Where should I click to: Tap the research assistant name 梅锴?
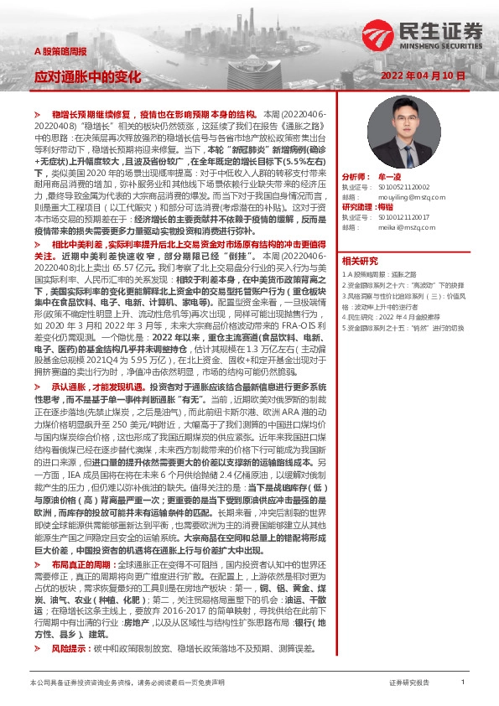click(386, 206)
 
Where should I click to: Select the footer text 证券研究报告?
click(409, 683)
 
